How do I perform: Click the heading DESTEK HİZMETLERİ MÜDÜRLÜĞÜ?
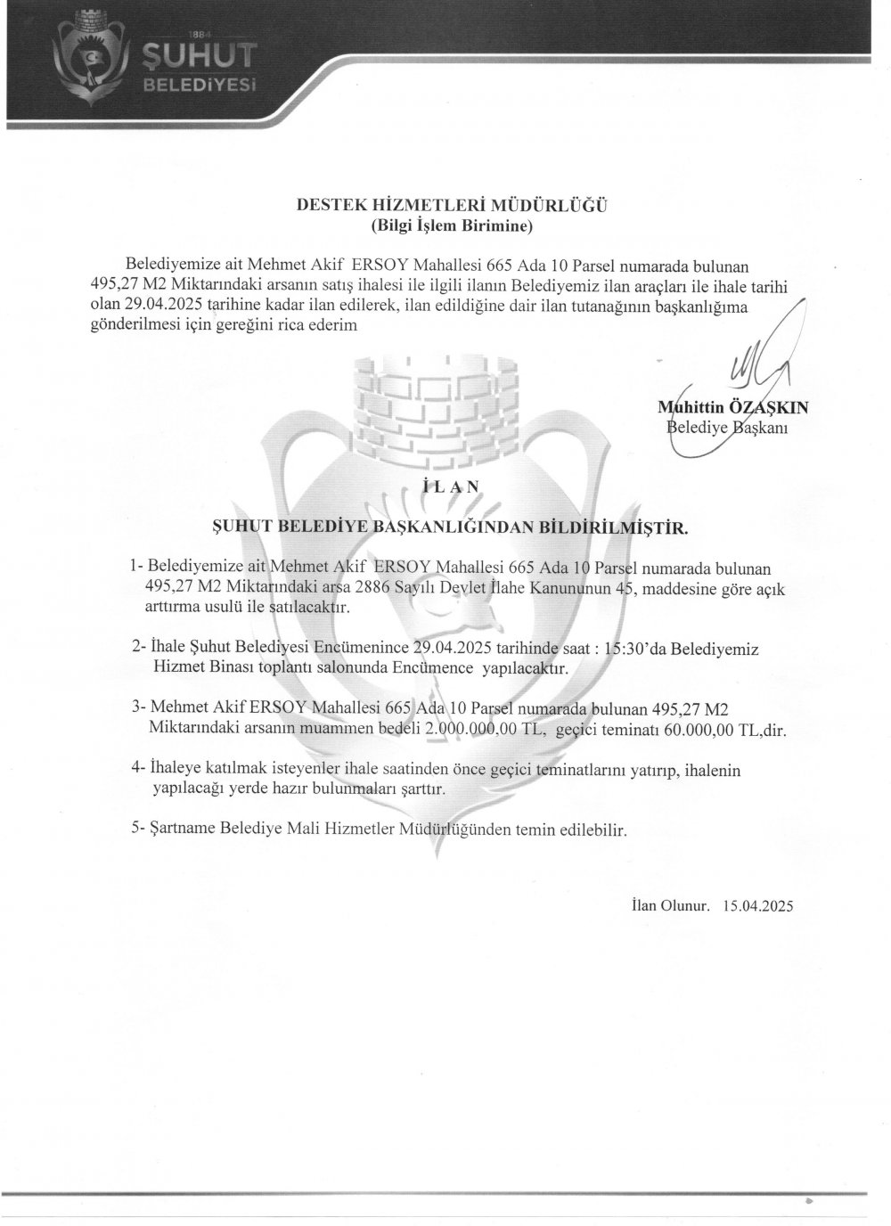click(x=452, y=206)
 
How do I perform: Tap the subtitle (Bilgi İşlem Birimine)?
click(x=452, y=226)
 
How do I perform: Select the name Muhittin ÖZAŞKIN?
click(x=732, y=408)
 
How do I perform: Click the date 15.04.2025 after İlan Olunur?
click(x=753, y=906)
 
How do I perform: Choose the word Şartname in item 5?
click(x=184, y=830)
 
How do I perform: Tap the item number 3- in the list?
click(x=138, y=708)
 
